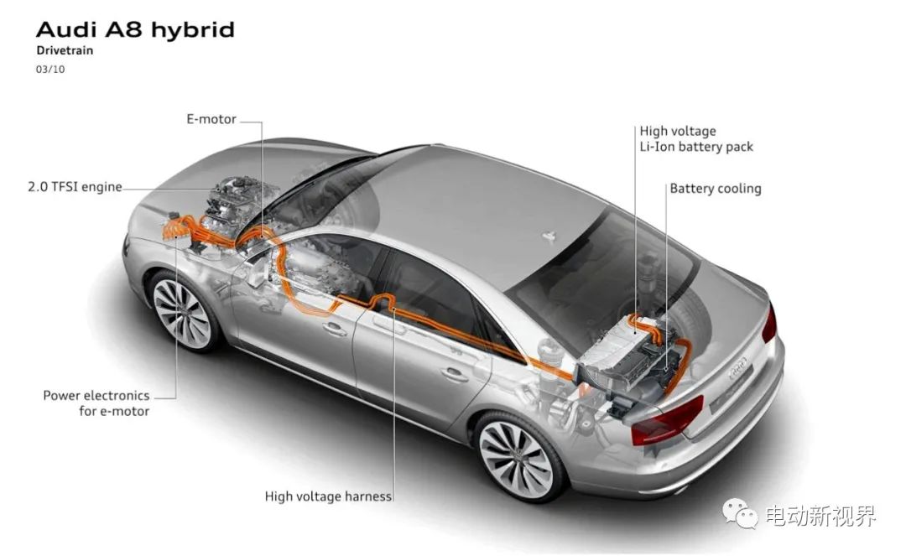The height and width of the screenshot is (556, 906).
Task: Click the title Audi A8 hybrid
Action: pyautogui.click(x=135, y=29)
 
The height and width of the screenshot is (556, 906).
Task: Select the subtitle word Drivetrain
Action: pyautogui.click(x=65, y=50)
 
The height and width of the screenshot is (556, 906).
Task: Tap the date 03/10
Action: pyautogui.click(x=50, y=70)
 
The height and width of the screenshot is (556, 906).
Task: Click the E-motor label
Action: pyautogui.click(x=211, y=119)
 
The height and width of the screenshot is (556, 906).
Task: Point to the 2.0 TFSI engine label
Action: pyautogui.click(x=75, y=186)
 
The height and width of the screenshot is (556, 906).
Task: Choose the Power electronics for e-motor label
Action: pyautogui.click(x=96, y=403)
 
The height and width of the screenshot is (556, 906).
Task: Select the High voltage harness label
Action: pyautogui.click(x=328, y=496)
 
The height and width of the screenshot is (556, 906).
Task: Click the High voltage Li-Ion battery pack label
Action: pyautogui.click(x=696, y=138)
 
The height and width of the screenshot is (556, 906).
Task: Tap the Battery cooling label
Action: pyautogui.click(x=716, y=188)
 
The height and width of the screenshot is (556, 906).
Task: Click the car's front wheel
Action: pyautogui.click(x=182, y=313)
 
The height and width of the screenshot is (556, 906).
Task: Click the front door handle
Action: pyautogui.click(x=335, y=329)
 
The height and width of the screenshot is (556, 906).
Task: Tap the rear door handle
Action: pyautogui.click(x=455, y=375)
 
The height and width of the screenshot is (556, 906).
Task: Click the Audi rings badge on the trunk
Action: pyautogui.click(x=738, y=368)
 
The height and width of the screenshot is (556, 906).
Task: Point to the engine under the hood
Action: pyautogui.click(x=237, y=202)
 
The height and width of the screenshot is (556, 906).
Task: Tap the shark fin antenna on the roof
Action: pyautogui.click(x=549, y=236)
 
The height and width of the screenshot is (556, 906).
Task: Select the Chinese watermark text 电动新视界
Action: pyautogui.click(x=820, y=515)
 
